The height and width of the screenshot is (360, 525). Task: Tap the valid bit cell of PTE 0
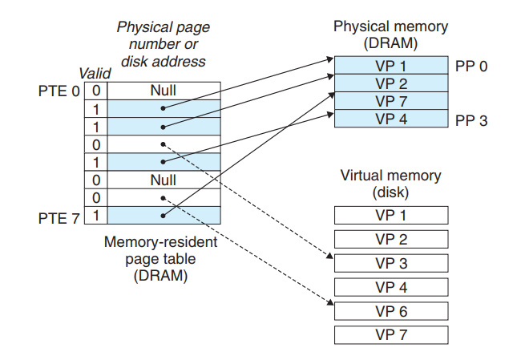[x=95, y=91]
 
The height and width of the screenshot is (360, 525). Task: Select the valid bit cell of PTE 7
[x=95, y=215]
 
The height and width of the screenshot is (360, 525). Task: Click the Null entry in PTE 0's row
[x=163, y=91]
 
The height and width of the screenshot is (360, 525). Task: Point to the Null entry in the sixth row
[x=163, y=180]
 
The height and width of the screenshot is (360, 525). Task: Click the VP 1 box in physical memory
[x=390, y=65]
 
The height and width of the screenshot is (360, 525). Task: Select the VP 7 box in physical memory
[x=390, y=100]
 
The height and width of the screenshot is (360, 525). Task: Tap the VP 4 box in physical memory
[x=390, y=119]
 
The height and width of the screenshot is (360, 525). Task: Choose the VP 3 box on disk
[x=390, y=263]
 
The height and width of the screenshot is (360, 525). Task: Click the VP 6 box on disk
[x=390, y=310]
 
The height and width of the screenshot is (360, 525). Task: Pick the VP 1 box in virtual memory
[x=390, y=215]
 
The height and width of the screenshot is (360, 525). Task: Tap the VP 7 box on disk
[x=390, y=334]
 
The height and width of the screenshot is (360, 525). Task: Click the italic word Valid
[x=94, y=74]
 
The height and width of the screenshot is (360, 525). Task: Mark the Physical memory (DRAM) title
[x=390, y=34]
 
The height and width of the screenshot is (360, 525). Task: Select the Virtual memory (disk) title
[x=390, y=184]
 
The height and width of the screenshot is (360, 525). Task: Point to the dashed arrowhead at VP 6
[x=330, y=303]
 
